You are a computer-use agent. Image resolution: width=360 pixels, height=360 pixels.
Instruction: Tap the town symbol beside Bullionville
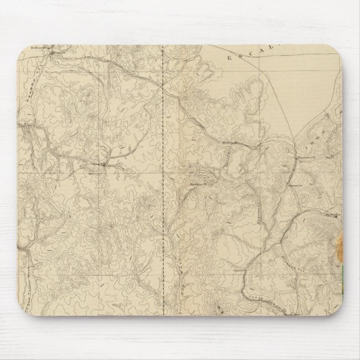tap(49, 49)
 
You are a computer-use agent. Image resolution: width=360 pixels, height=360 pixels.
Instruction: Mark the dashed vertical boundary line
tap(163, 168)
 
